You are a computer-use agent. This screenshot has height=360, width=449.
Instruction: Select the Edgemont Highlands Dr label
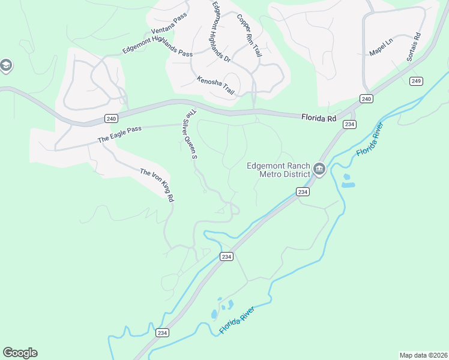pyautogui.click(x=220, y=31)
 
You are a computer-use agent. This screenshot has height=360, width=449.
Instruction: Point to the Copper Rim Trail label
pyautogui.click(x=249, y=36)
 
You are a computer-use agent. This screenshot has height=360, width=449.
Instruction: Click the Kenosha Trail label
pyautogui.click(x=215, y=85)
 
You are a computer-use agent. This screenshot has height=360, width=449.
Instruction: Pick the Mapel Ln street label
pyautogui.click(x=380, y=46)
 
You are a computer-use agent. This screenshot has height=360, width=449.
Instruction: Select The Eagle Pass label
pyautogui.click(x=119, y=134)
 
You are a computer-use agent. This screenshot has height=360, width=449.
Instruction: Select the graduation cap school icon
pyautogui.click(x=6, y=65)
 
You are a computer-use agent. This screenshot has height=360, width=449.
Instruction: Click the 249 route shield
pyautogui.click(x=417, y=81)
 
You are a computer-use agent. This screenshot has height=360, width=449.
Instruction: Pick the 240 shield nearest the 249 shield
pyautogui.click(x=367, y=98)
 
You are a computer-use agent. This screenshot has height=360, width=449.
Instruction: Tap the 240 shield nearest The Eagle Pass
pyautogui.click(x=111, y=119)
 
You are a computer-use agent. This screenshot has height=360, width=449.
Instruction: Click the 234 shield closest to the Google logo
pyautogui.click(x=162, y=332)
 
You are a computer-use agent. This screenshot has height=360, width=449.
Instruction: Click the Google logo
pyautogui.click(x=20, y=352)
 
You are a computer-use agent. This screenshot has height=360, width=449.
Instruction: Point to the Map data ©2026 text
pyautogui.click(x=423, y=355)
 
